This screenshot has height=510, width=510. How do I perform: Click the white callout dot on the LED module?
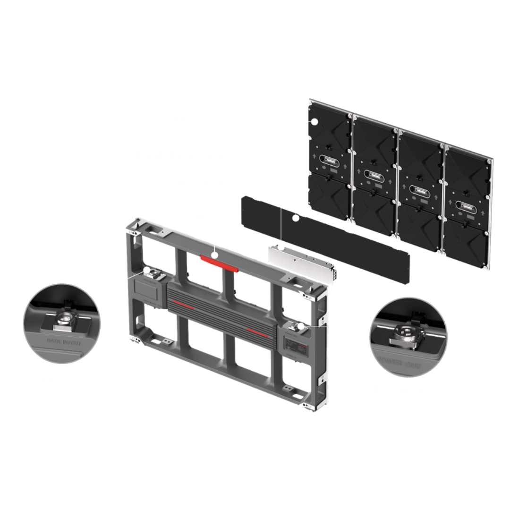pyautogui.click(x=315, y=122)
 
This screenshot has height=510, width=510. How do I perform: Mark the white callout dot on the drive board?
pyautogui.click(x=296, y=218)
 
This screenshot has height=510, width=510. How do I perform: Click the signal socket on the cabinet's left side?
pyautogui.click(x=150, y=272)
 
